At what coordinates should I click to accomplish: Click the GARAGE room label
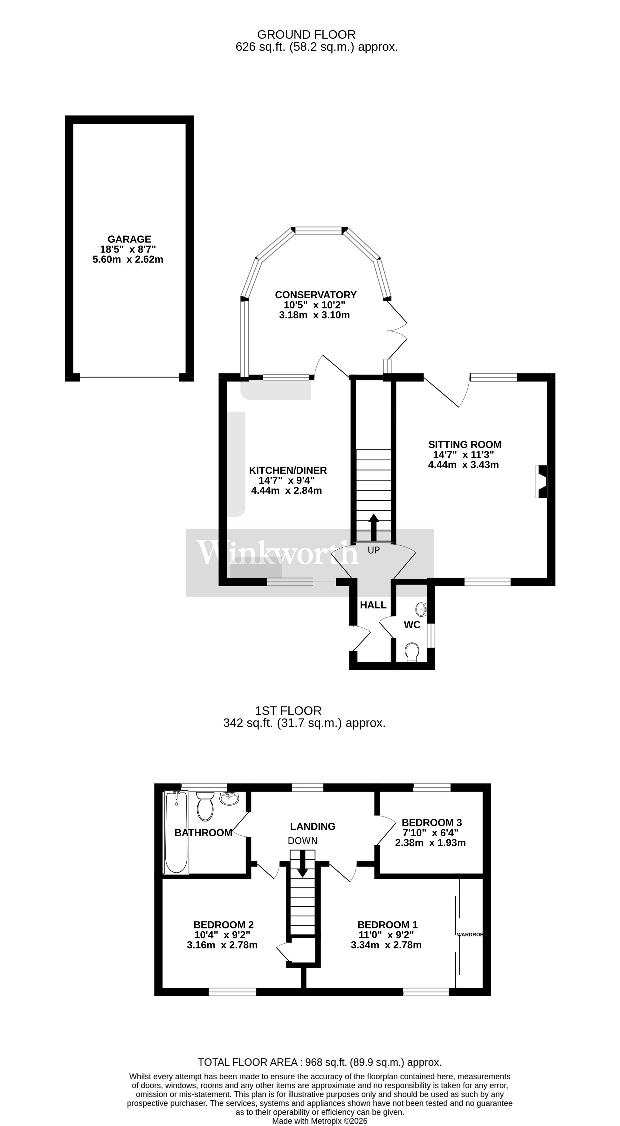[x=129, y=239]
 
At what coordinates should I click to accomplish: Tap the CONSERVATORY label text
[x=315, y=295]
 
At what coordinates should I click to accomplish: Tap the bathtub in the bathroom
[x=176, y=833]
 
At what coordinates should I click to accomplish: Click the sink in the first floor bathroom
[x=229, y=799]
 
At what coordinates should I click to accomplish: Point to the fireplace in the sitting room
[x=542, y=481]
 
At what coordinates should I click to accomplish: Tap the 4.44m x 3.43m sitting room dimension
[x=463, y=465]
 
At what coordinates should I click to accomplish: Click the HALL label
[x=373, y=605]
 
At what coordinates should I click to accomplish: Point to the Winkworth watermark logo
[x=278, y=553]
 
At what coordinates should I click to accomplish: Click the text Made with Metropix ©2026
[x=320, y=1121]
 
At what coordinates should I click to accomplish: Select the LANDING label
[x=313, y=826]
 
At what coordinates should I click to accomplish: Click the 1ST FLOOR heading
[x=288, y=711]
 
